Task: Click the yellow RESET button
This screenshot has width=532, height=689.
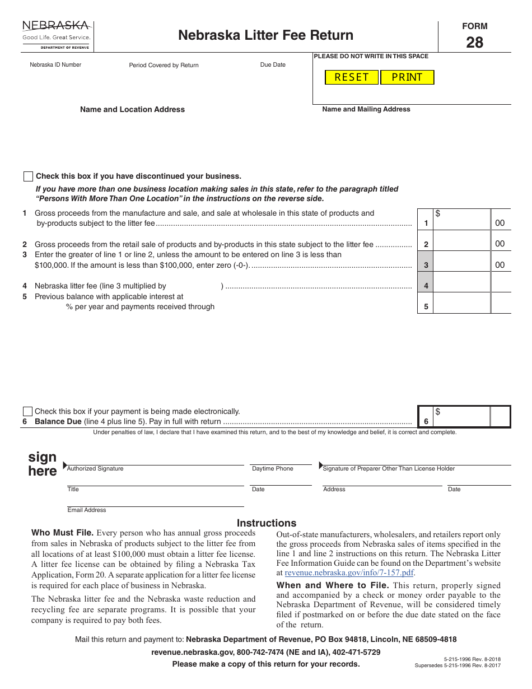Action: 352,77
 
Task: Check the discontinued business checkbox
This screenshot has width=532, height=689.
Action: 28,176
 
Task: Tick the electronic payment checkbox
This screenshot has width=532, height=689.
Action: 27,411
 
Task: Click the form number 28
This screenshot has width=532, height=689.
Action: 474,43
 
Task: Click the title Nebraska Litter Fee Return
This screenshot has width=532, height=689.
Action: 265,35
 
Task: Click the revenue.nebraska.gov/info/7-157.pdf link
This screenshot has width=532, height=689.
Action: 349,572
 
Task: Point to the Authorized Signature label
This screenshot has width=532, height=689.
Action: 95,469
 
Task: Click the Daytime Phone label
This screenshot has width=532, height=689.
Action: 273,469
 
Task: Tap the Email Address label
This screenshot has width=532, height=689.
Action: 87,510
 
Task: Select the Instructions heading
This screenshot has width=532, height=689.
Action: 267,523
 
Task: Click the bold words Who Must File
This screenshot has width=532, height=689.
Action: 63,533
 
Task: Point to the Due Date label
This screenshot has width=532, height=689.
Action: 273,65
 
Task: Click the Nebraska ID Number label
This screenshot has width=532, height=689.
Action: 55,65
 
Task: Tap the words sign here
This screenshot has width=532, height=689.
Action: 43,464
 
